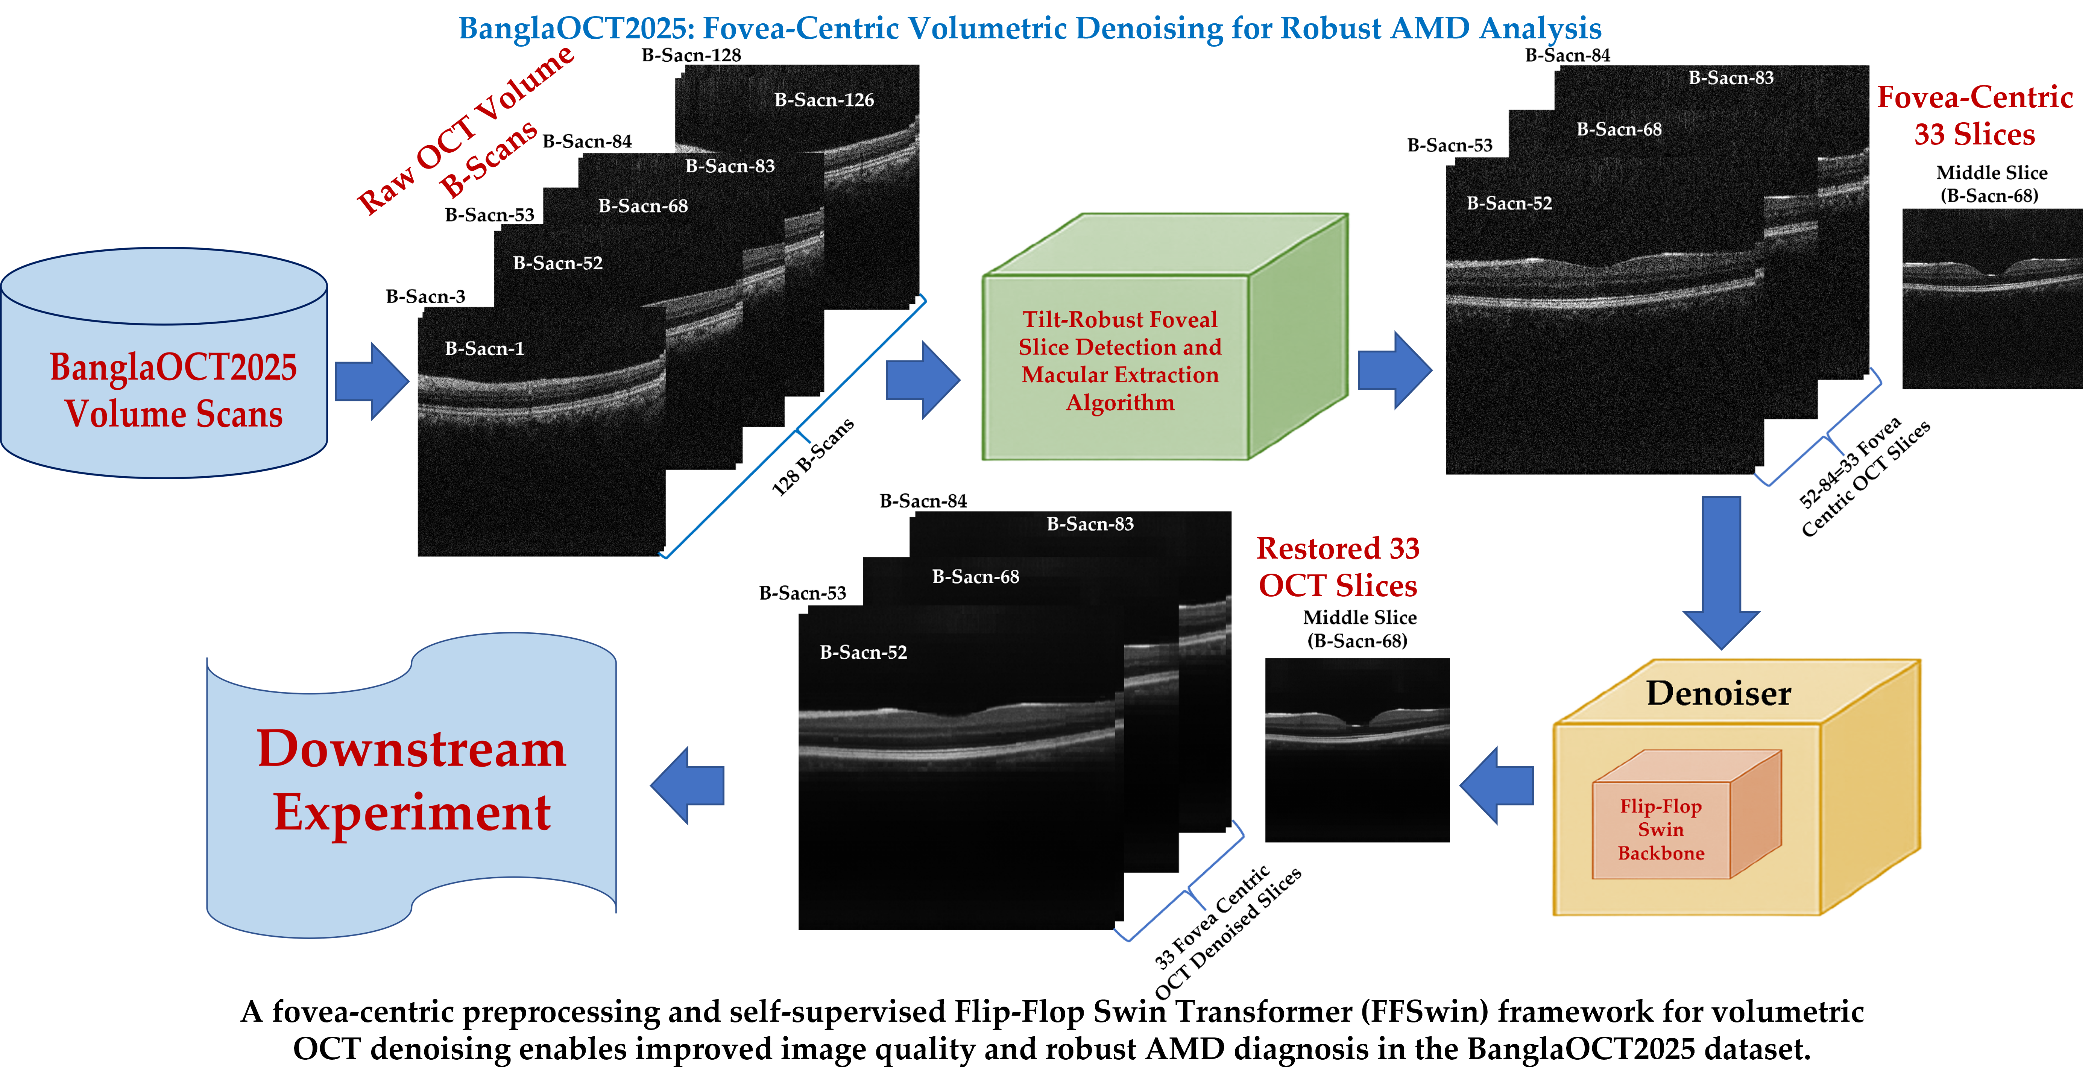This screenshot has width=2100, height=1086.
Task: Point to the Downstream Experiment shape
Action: (x=411, y=783)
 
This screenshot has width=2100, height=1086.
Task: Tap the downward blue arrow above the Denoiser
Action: (x=1721, y=571)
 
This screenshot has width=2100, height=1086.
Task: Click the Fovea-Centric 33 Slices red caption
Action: (x=1974, y=116)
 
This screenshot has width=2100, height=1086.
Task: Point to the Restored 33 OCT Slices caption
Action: (x=1338, y=567)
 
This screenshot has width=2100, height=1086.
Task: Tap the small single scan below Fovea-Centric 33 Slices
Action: (x=1992, y=298)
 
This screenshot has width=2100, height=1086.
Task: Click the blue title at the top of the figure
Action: (x=1030, y=29)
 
